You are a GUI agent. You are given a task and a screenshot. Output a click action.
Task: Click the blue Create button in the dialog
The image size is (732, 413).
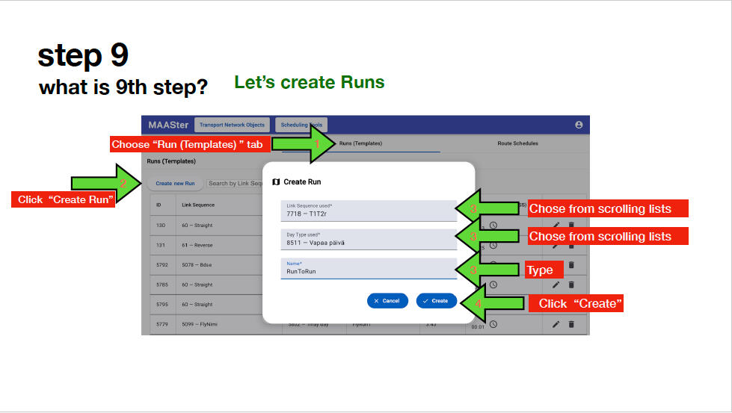coord(436,301)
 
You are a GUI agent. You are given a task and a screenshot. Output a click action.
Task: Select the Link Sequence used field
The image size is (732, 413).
coord(368,211)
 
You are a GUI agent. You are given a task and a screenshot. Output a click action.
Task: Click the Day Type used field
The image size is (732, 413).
coord(368,239)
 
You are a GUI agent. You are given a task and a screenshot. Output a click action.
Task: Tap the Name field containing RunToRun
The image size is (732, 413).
coord(368,268)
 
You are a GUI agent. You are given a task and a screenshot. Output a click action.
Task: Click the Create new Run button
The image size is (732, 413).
coord(175,183)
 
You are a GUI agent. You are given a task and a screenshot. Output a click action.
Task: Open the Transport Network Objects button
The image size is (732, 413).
coord(232,125)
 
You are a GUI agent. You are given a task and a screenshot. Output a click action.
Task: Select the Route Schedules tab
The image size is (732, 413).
coord(517,143)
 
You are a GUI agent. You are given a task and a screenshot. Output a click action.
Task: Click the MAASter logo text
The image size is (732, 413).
coord(167,125)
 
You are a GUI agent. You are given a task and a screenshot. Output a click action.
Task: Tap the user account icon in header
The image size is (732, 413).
coord(579,125)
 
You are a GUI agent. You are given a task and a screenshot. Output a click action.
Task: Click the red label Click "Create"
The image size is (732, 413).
coord(576,303)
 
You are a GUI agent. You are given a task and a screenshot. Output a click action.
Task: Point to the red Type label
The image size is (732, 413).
coord(539,270)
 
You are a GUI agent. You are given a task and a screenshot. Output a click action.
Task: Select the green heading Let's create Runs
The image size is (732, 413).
coord(310,82)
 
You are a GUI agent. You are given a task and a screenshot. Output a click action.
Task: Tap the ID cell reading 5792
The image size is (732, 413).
coord(162,264)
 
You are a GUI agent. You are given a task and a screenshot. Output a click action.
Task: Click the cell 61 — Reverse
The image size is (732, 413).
coord(198,244)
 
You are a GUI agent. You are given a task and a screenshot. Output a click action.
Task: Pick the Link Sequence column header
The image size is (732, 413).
coord(198,205)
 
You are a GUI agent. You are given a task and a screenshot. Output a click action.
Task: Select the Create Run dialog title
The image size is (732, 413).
coord(302,181)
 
